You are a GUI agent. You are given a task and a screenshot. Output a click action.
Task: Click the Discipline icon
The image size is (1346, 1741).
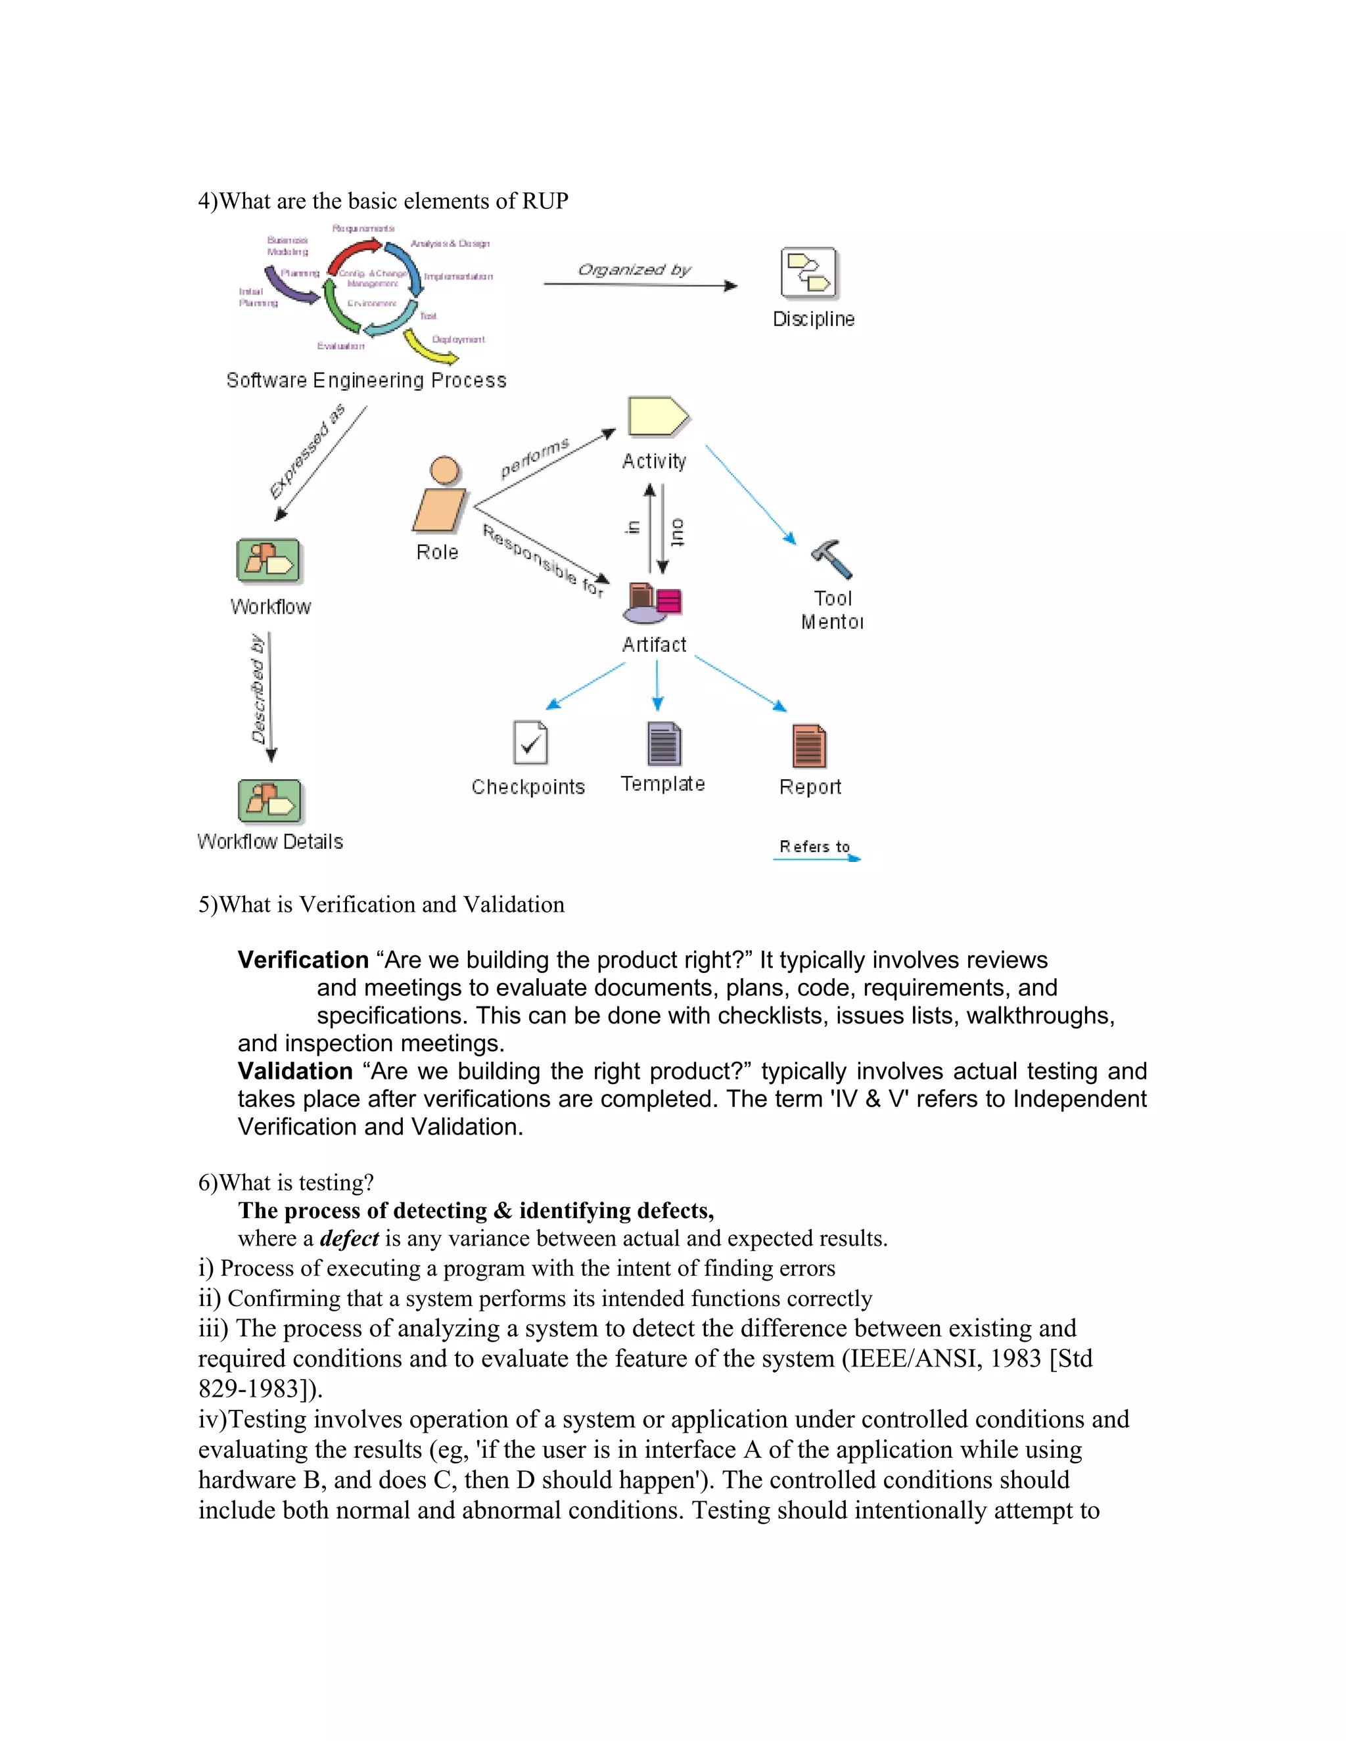point(808,273)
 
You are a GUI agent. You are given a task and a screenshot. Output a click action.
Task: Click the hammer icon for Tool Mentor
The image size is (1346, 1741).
point(831,559)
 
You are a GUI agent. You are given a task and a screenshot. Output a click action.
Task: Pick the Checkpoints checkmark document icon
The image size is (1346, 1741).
point(530,743)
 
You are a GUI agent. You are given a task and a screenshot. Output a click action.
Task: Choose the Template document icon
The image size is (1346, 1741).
point(663,743)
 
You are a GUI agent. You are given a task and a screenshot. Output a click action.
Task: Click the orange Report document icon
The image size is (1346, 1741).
point(808,746)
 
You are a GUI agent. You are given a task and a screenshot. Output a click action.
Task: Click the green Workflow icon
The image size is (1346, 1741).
point(269,561)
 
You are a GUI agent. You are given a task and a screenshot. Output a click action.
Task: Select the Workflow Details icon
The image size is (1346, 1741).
point(269,801)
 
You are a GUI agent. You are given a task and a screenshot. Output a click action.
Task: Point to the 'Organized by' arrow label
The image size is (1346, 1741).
point(634,269)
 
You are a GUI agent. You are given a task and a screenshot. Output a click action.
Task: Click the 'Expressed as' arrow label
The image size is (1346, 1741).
point(307,451)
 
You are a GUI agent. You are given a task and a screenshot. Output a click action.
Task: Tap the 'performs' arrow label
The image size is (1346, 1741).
point(534,457)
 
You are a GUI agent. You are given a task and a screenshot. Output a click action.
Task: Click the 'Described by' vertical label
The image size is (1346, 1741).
point(258,690)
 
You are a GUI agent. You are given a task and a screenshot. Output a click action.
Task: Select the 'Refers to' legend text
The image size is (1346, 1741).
point(814,847)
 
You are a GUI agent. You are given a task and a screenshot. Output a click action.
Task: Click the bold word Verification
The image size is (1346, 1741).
point(303,960)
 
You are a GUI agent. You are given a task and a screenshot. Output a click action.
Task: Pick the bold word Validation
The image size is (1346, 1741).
point(295,1071)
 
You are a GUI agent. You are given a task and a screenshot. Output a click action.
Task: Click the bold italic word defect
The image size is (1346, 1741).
point(349,1238)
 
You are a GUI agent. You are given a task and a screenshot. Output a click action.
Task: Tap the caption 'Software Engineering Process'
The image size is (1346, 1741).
point(366,380)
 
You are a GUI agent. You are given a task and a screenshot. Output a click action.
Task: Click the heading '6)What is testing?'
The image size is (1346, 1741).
point(287,1182)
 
